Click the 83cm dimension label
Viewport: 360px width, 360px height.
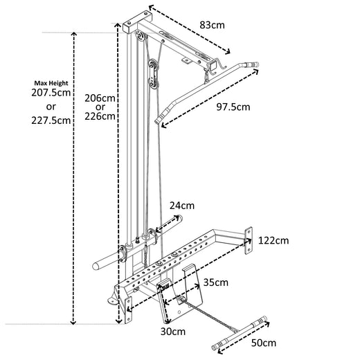tap(213, 25)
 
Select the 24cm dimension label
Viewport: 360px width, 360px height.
tap(182, 205)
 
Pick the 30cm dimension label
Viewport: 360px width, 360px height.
tap(173, 332)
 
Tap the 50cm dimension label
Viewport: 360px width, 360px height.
tap(263, 343)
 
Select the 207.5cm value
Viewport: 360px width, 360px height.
tap(51, 93)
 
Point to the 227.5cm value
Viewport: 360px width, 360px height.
tap(51, 120)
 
